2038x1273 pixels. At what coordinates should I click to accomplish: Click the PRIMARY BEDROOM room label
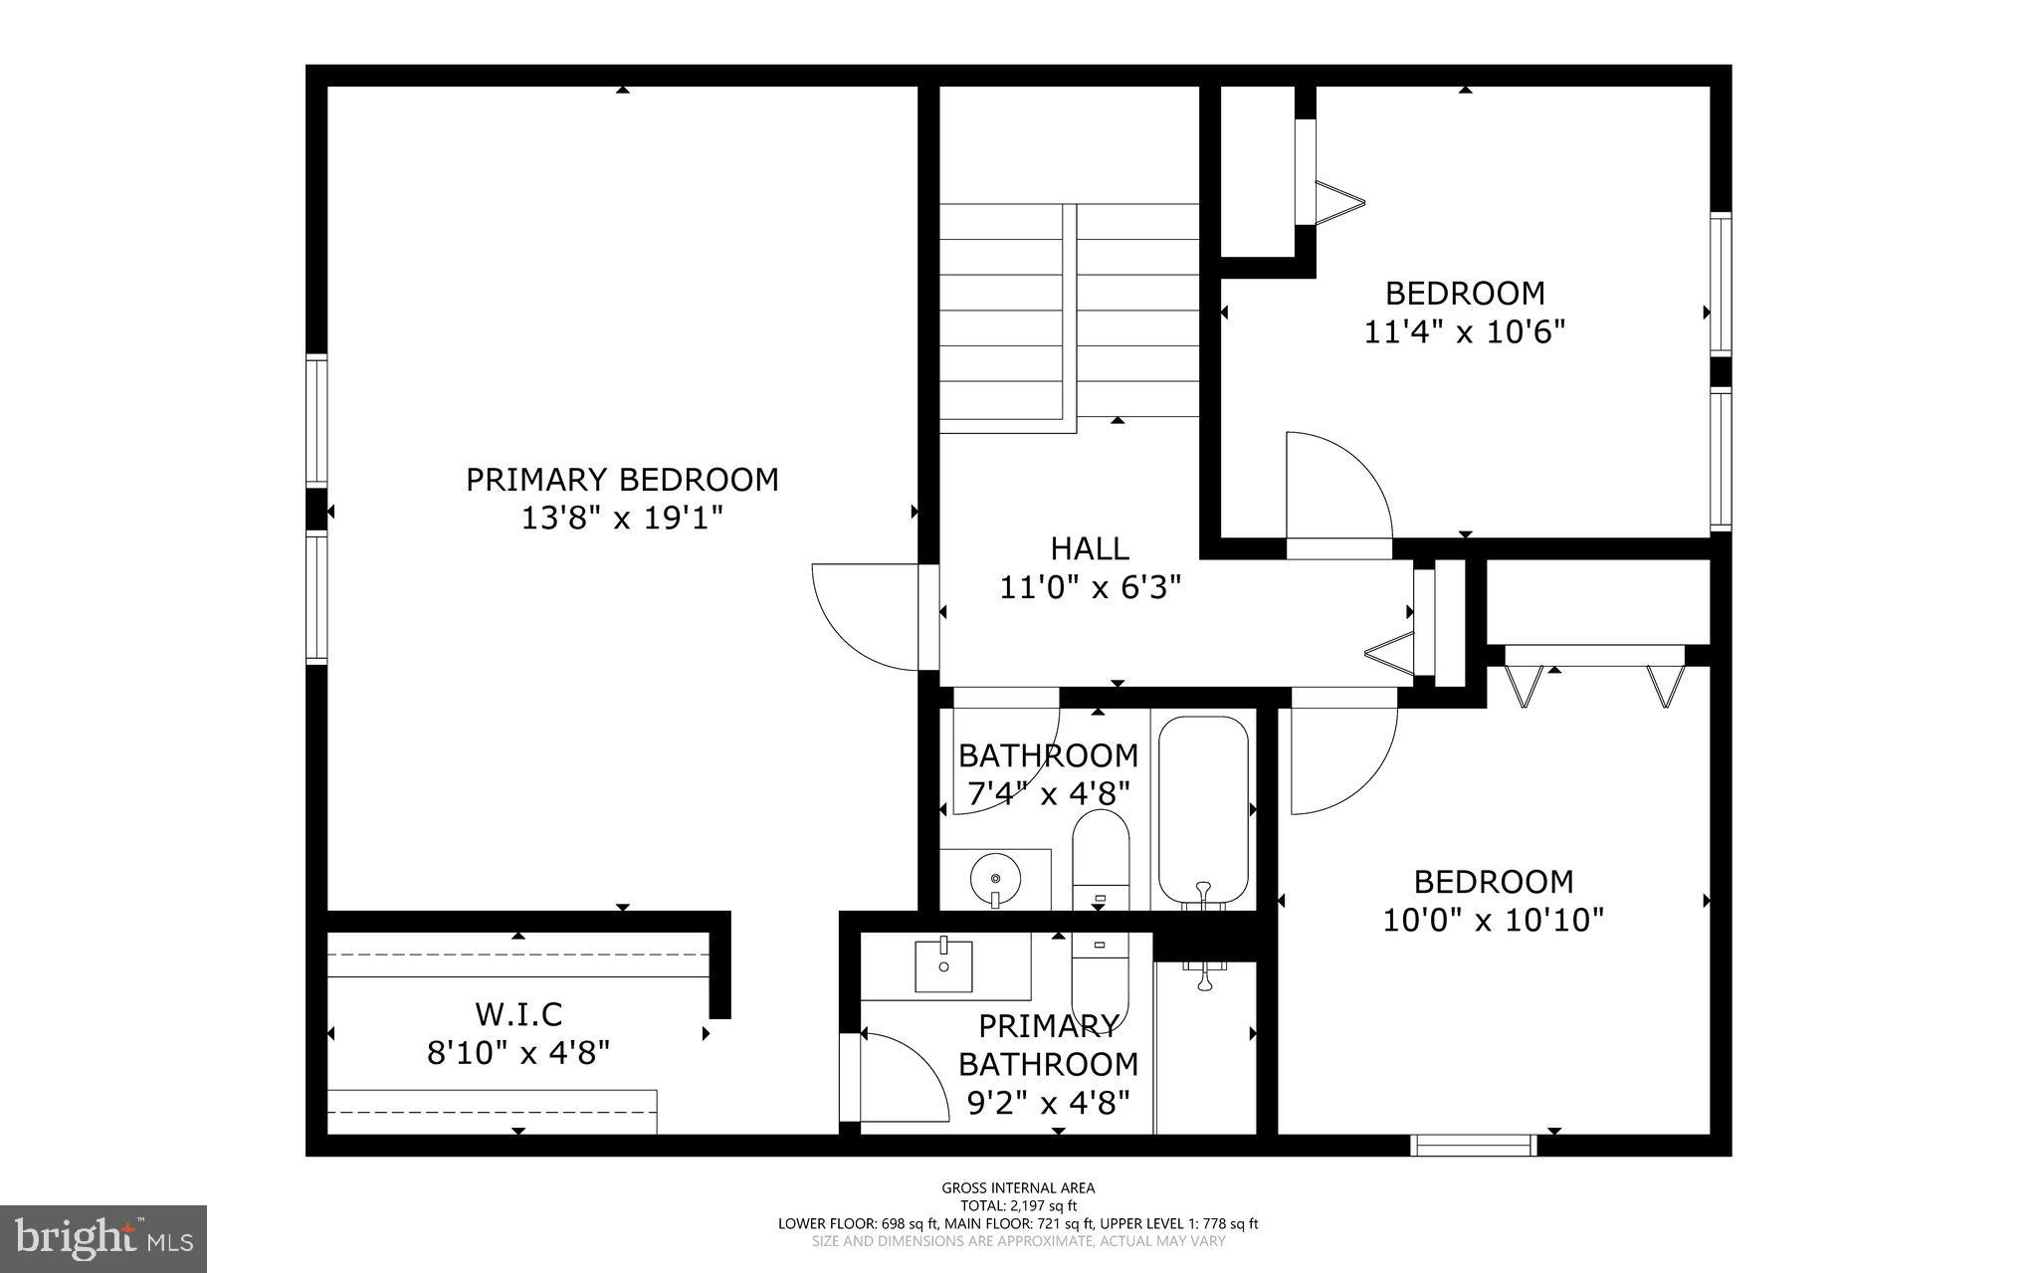click(x=622, y=480)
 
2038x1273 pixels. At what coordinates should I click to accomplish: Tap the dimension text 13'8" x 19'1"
click(x=622, y=519)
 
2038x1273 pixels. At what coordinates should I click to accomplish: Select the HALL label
click(x=1090, y=548)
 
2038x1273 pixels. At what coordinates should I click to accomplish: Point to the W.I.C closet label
click(x=518, y=1014)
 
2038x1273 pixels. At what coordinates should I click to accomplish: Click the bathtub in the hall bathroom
click(x=1203, y=811)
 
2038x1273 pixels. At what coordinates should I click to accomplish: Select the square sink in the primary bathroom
click(x=943, y=964)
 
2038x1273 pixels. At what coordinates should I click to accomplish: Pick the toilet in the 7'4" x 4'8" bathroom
click(x=1100, y=856)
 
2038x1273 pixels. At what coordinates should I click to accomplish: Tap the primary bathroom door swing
click(x=901, y=1080)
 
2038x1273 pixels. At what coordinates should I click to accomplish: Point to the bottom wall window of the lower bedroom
click(x=1475, y=1146)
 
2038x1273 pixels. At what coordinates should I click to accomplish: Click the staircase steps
click(x=1070, y=318)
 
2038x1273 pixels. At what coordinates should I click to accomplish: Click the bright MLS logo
click(x=103, y=1238)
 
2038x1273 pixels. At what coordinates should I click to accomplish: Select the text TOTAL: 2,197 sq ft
click(x=1018, y=1205)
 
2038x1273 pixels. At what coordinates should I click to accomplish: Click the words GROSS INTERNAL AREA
click(x=1018, y=1187)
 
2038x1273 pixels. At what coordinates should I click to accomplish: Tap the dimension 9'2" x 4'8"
click(x=1048, y=1103)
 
